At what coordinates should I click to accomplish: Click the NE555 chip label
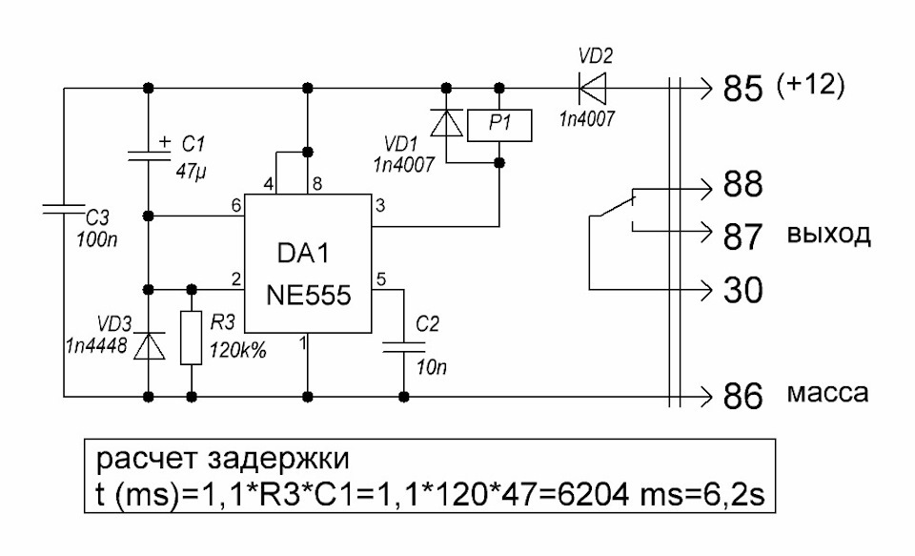309,295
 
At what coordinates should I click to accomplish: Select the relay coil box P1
499,125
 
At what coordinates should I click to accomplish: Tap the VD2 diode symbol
592,89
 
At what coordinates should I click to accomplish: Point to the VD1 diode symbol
446,123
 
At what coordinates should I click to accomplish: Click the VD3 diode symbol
149,346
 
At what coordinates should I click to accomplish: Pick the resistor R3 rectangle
192,339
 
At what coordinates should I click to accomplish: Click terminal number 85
742,90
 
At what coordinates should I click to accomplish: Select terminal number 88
742,184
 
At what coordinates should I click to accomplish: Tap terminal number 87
742,237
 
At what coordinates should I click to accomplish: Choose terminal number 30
742,289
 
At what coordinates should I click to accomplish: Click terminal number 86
742,396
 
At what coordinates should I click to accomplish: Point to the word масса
828,394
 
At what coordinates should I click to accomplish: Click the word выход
828,235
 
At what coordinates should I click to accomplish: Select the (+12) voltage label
810,86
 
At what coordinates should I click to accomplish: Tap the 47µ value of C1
192,172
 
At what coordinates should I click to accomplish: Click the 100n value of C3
97,239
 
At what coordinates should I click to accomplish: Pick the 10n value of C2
432,367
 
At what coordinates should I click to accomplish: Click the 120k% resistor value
237,350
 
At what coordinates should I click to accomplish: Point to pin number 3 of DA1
380,206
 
